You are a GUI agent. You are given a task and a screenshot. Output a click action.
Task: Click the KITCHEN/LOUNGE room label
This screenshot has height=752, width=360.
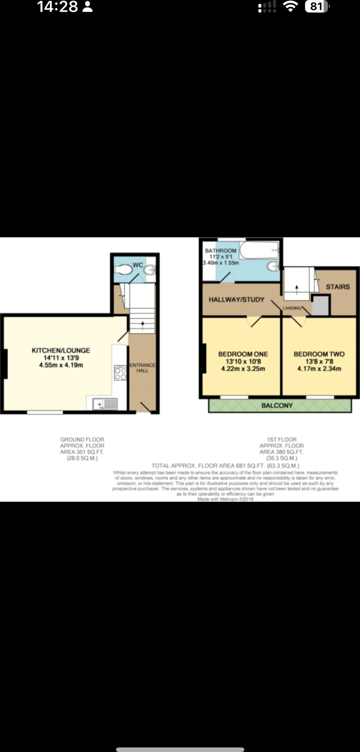[61, 350]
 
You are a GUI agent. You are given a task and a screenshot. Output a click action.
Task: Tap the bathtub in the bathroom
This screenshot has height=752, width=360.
[259, 250]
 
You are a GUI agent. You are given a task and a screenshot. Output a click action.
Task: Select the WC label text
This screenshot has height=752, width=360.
[138, 265]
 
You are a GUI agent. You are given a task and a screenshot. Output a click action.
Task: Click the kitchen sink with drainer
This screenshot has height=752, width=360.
[105, 404]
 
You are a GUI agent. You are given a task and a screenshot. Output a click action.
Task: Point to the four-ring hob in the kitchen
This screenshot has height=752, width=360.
[120, 373]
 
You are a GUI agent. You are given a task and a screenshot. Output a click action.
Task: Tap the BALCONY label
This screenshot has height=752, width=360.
[277, 405]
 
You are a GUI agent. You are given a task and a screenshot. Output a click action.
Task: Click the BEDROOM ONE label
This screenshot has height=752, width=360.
[243, 354]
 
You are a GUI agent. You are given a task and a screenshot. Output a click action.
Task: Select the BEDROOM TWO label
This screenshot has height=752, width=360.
[319, 354]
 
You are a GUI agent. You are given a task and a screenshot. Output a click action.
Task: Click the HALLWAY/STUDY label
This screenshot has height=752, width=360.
[236, 300]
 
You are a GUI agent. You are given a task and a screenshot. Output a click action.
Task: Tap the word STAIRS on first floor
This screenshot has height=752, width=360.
[338, 287]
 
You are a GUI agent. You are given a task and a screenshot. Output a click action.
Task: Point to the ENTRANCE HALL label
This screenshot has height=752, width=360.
[143, 368]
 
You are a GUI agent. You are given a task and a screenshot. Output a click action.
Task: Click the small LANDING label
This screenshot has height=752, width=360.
[292, 308]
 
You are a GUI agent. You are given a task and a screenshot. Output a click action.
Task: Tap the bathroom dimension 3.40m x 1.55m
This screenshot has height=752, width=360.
[221, 263]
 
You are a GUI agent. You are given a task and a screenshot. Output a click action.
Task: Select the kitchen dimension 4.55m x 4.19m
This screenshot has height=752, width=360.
[61, 365]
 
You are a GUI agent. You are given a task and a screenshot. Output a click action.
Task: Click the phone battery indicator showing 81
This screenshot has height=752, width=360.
[317, 7]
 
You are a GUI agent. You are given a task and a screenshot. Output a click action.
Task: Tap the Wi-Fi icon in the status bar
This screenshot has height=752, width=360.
[290, 7]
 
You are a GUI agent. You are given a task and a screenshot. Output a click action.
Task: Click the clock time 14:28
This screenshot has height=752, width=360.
[58, 7]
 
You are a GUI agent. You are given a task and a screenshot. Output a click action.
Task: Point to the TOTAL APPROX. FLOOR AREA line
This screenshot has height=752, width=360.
[225, 466]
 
